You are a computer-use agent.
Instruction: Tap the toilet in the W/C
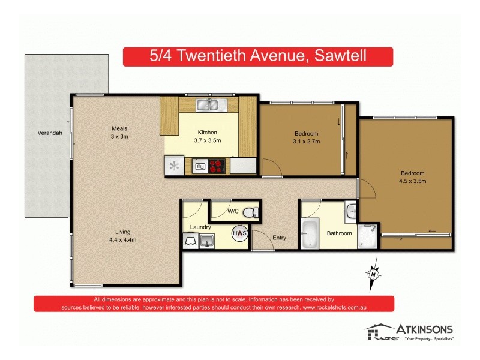254,212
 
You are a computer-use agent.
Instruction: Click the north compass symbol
374,273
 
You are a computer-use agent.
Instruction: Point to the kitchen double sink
209,105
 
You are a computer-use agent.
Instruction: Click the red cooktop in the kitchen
216,166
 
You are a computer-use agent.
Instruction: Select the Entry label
279,238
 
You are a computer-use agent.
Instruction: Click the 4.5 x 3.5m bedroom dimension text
412,181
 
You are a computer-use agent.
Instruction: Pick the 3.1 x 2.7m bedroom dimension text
306,142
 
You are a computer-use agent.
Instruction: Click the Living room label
123,232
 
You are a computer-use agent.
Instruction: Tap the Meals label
119,128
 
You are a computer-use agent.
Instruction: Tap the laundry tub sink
208,241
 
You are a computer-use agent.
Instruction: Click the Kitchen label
208,133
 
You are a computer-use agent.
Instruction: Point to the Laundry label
200,227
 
